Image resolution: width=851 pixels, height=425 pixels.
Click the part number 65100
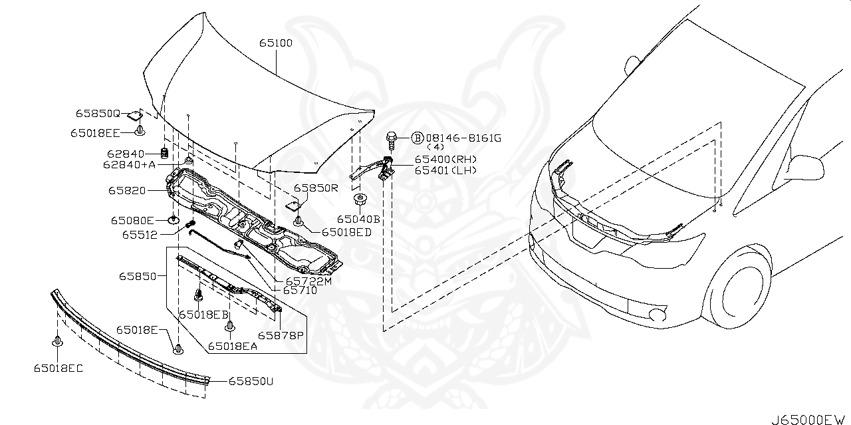pos(276,43)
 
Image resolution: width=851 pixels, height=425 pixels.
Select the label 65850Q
pos(98,114)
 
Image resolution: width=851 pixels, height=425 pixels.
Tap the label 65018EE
pos(96,133)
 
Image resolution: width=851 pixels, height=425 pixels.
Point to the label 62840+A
pos(129,164)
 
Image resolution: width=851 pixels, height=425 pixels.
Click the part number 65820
pos(127,190)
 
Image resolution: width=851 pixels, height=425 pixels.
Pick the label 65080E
pos(132,220)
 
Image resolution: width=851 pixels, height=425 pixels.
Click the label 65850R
pos(316,188)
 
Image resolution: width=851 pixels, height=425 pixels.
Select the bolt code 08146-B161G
pos(464,138)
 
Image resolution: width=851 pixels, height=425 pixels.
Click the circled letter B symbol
pos(417,138)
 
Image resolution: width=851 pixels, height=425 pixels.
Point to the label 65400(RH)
pos(446,160)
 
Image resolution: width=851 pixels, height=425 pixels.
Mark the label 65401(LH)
pos(445,170)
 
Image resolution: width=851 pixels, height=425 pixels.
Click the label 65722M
pos(308,281)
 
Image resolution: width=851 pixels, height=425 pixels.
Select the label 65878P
pos(281,335)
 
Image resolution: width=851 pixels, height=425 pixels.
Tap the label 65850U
pos(251,382)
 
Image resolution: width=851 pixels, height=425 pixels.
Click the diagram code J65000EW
pos(809,419)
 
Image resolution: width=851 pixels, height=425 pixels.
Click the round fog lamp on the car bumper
pos(657,316)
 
